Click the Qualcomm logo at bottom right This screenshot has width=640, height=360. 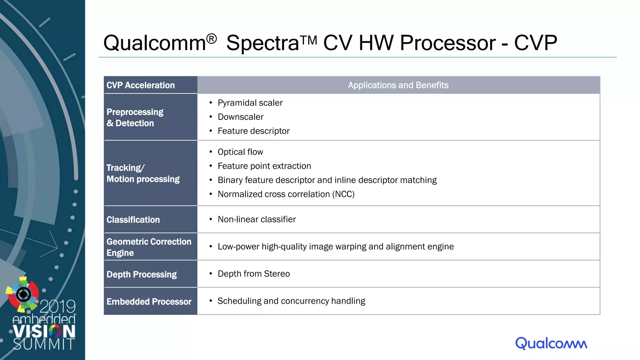click(x=551, y=343)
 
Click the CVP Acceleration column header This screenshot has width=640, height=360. click(x=141, y=85)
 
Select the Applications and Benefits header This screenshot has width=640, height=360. click(x=398, y=85)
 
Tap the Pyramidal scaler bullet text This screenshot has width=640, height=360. click(x=250, y=103)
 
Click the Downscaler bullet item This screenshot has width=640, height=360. click(x=240, y=117)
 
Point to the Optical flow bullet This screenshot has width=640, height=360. click(x=240, y=152)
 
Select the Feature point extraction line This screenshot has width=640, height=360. click(x=264, y=166)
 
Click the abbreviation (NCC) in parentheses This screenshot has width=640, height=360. click(x=343, y=194)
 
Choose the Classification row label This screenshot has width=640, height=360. click(x=133, y=220)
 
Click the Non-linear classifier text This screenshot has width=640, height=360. click(x=257, y=219)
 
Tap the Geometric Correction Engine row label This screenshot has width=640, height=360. click(x=149, y=247)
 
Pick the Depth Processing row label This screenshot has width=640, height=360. click(x=142, y=274)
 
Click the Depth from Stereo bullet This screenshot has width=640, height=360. click(x=253, y=274)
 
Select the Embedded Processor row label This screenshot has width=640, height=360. click(x=149, y=302)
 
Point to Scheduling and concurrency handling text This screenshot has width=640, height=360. click(x=291, y=301)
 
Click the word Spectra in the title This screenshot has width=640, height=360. click(x=262, y=43)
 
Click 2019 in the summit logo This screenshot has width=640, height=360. click(x=58, y=306)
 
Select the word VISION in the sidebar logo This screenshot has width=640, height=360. click(x=44, y=331)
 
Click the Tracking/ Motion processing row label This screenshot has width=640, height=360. click(x=143, y=173)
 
